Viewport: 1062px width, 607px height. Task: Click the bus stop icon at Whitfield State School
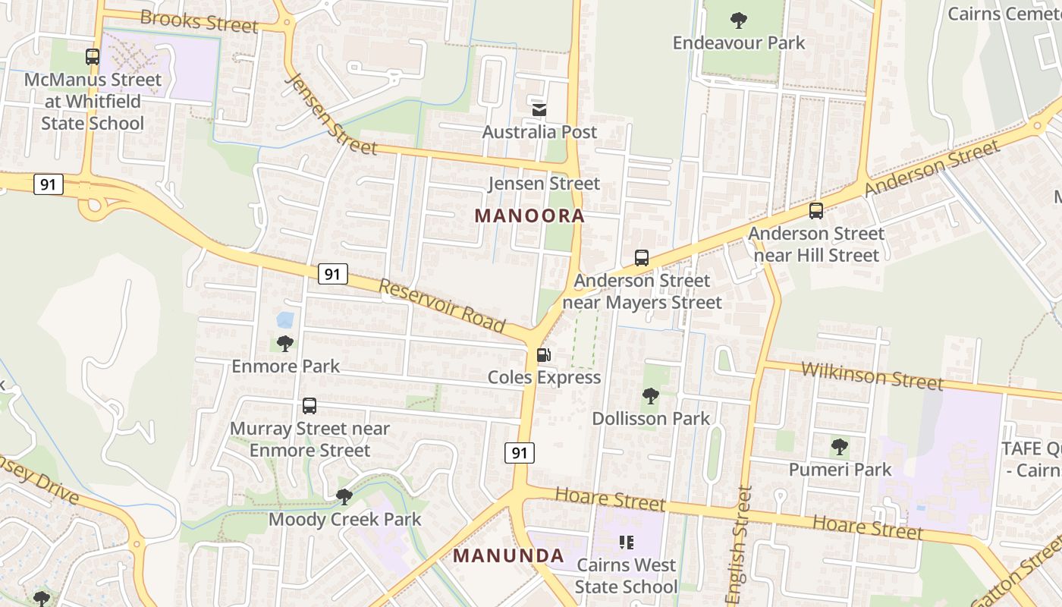click(x=93, y=57)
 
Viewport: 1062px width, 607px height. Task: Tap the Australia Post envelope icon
click(x=539, y=110)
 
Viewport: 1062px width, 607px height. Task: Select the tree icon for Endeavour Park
click(x=739, y=20)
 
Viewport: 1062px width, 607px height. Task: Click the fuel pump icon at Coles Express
click(x=544, y=355)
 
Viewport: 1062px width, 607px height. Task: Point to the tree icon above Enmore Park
click(x=285, y=344)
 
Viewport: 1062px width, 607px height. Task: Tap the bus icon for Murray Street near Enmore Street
click(x=309, y=406)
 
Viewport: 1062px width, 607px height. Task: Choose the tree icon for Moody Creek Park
click(x=344, y=497)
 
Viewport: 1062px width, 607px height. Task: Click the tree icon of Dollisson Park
click(x=650, y=396)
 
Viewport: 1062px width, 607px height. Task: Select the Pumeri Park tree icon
click(x=839, y=447)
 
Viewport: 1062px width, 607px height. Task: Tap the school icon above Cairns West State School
click(x=627, y=543)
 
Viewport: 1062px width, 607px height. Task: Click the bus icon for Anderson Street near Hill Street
click(x=816, y=211)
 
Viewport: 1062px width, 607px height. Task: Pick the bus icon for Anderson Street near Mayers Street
click(x=642, y=258)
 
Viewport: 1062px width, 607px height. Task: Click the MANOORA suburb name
click(x=529, y=216)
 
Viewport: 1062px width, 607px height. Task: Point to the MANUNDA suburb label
click(x=508, y=556)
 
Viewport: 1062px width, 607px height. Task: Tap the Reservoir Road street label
click(x=442, y=307)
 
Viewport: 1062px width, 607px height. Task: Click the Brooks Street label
click(x=200, y=20)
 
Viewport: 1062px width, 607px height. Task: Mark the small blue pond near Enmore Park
click(x=285, y=319)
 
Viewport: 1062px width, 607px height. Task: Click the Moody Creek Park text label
click(x=344, y=520)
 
